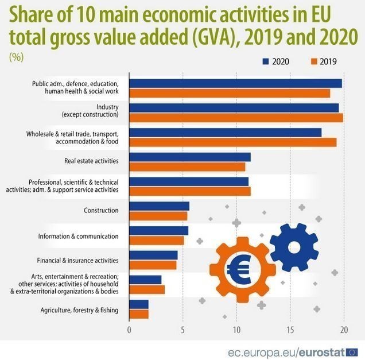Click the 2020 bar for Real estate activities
pos(190,157)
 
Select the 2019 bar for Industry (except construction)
pos(236,118)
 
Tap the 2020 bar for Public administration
pos(235,84)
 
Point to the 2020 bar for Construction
pos(159,206)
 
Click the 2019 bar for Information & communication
pos(157,240)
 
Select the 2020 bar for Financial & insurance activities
pos(153,256)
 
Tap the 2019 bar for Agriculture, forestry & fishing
pos(139,314)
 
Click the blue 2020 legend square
pos(266,61)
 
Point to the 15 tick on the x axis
pos(290,330)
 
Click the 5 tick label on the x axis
pos(182,330)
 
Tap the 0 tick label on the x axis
pos(129,330)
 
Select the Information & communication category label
pos(78,236)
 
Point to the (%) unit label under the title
pos(16,57)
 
